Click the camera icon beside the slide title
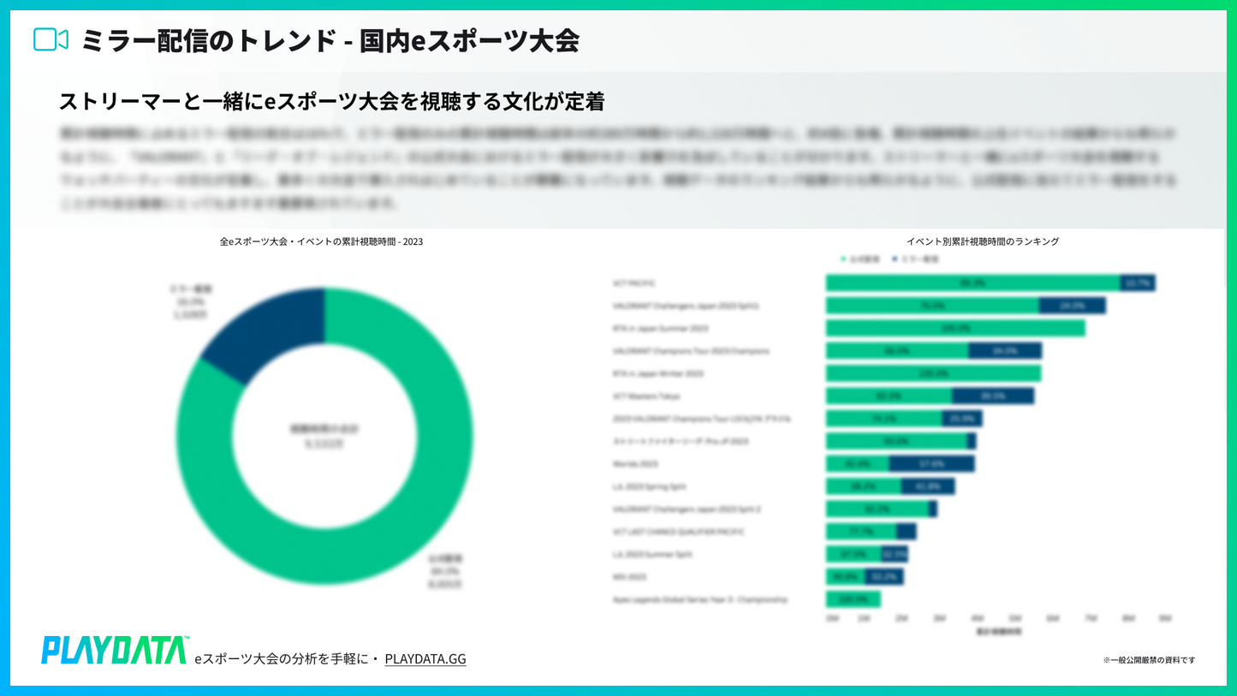coord(51,40)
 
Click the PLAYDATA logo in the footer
coord(115,650)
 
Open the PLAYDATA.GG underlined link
coord(425,658)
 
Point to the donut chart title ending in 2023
coord(321,242)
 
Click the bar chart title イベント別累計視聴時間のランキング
coord(982,242)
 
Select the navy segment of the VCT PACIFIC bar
coord(1137,283)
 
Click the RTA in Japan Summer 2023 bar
coord(955,329)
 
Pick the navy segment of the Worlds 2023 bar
coord(931,464)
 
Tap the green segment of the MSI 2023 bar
coord(845,577)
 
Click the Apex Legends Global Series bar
coord(853,599)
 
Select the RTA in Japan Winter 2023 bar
coord(933,374)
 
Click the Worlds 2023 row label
coord(630,464)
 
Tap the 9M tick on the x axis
coord(1164,618)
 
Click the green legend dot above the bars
coord(844,259)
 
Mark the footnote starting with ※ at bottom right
coord(1149,660)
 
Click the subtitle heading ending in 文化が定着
coord(332,102)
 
